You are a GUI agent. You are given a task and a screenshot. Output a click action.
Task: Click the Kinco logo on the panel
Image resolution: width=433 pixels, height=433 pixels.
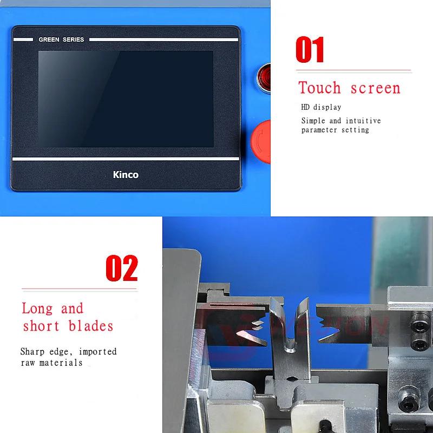click(125, 175)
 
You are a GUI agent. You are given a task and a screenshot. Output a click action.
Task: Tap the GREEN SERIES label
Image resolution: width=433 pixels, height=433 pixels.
click(61, 40)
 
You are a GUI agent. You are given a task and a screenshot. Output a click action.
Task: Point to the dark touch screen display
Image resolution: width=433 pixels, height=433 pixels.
click(125, 99)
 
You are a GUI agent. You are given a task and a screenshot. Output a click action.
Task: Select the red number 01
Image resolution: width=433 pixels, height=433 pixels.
click(310, 50)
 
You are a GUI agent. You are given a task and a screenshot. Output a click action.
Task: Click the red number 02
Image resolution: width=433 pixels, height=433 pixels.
click(121, 268)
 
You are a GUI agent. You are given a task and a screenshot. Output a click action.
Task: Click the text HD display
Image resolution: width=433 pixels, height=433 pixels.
click(321, 107)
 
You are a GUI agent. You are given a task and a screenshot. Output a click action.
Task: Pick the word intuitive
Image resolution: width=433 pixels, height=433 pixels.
click(363, 121)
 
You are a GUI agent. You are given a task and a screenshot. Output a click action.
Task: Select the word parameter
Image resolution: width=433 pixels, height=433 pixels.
click(319, 130)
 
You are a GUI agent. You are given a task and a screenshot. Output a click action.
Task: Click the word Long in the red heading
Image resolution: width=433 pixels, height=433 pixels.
click(37, 309)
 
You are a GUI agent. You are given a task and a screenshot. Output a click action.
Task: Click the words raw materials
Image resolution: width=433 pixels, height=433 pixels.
click(51, 363)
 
